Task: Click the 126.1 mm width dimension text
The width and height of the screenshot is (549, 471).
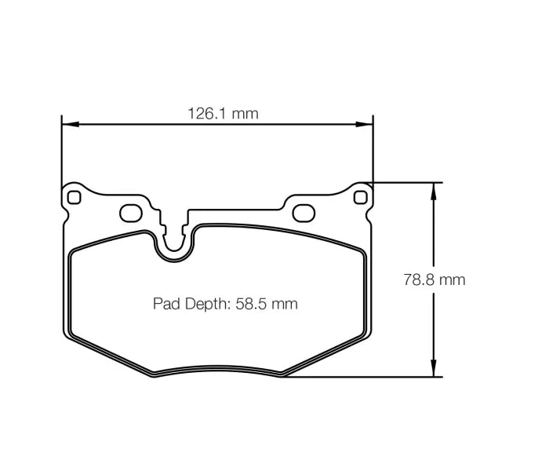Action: [x=222, y=113]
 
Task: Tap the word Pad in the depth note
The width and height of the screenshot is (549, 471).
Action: [x=165, y=304]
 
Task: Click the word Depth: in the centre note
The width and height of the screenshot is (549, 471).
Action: [x=206, y=304]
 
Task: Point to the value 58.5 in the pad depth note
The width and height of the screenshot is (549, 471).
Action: [x=252, y=304]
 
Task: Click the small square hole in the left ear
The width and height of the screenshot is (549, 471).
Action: [x=74, y=197]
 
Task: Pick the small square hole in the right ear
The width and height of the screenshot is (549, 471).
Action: [x=361, y=197]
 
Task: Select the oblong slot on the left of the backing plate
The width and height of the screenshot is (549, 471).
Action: [x=130, y=214]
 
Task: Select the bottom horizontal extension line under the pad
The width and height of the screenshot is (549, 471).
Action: [x=361, y=377]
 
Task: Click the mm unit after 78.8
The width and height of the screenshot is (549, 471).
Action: [x=453, y=279]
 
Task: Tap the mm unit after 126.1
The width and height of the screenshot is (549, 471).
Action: [x=245, y=113]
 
